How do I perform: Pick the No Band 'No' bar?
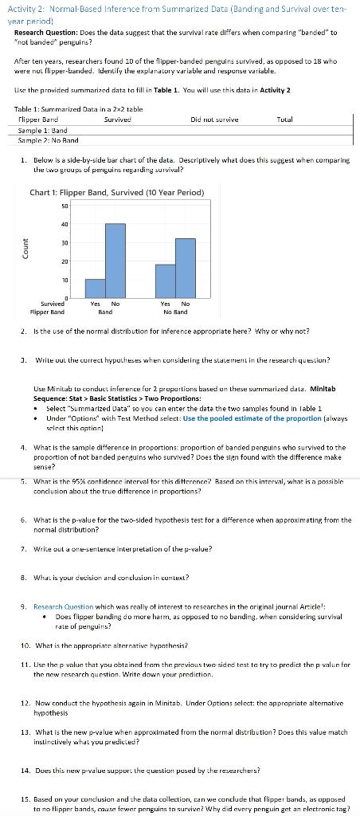186,267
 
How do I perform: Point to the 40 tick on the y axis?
65,224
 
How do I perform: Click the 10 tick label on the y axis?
65,280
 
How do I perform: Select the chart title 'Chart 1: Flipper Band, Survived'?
116,193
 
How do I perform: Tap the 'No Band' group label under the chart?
174,312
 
